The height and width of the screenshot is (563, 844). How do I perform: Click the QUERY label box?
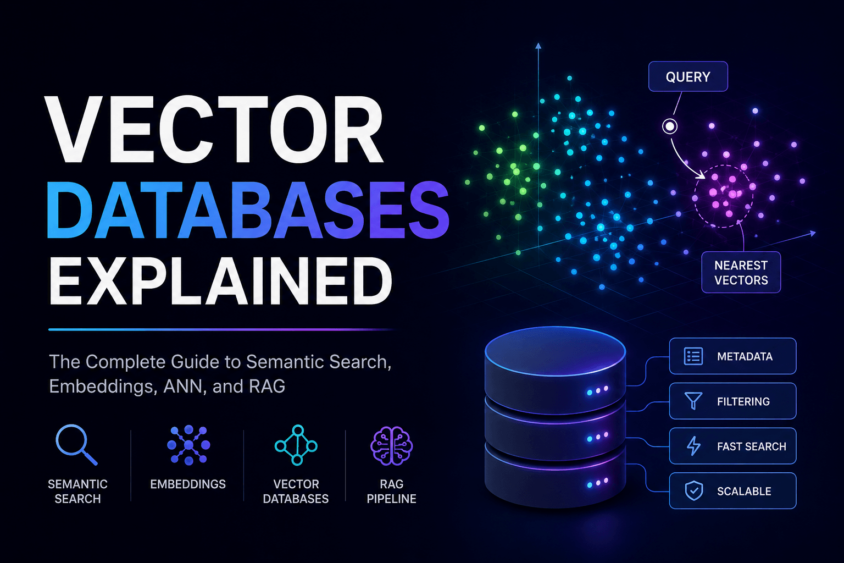688,76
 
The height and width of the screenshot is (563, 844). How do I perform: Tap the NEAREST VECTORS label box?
741,272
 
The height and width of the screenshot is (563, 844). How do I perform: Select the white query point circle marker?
670,126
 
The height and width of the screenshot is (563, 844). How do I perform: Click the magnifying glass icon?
76,445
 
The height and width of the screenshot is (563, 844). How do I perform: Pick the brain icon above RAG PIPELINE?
391,445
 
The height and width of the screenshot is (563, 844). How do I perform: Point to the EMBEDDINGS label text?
188,484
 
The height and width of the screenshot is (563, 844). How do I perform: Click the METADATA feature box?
732,356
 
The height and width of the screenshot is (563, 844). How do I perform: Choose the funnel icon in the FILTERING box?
693,401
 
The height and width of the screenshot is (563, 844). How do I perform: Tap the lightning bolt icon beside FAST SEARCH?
693,446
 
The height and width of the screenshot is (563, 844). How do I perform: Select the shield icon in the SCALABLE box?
693,491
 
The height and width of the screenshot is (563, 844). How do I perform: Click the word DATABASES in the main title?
248,209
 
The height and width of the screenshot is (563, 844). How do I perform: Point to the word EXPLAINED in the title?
221,281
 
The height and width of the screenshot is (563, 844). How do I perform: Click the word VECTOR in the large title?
214,129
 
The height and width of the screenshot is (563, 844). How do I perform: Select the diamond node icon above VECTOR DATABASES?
296,445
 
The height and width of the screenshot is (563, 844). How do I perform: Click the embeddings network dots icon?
188,445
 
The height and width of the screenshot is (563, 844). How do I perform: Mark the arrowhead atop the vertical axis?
538,46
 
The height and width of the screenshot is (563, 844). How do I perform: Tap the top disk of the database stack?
556,350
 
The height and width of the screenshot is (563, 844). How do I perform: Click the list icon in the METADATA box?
693,356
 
